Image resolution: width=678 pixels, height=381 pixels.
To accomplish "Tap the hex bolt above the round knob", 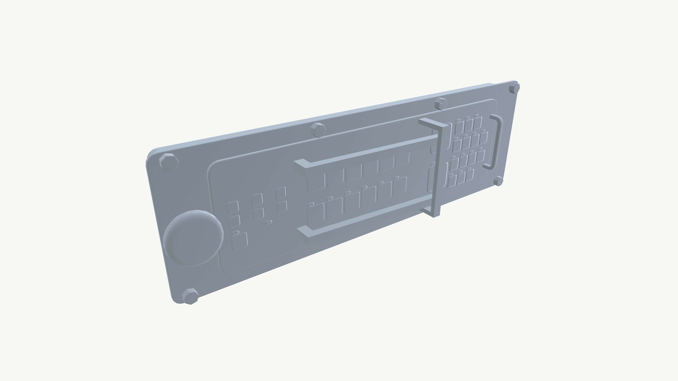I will (169, 162).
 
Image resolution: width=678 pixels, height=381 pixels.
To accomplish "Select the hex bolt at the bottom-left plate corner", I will (190, 296).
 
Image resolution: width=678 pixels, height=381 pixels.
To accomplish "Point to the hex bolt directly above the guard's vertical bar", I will (440, 103).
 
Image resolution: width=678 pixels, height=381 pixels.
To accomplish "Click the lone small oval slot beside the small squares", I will (268, 222).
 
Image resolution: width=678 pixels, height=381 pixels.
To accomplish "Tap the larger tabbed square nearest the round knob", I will (240, 241).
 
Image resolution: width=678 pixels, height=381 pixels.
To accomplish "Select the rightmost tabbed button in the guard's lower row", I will (400, 186).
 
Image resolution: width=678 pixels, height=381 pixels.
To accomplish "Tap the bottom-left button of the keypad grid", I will (452, 181).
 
